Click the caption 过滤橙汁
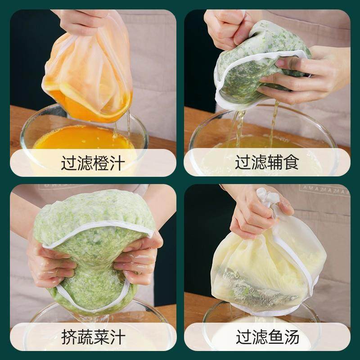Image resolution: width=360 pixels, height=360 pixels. [93, 162]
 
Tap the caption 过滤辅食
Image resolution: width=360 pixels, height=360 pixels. [267, 162]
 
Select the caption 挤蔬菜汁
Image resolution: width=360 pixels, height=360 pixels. [93, 337]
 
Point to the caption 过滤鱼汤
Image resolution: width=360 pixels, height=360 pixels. [267, 337]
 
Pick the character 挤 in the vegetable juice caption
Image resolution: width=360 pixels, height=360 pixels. [69, 337]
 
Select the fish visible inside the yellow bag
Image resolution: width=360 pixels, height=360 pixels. [256, 283]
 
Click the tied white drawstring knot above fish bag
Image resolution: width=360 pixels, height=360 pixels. [266, 198]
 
